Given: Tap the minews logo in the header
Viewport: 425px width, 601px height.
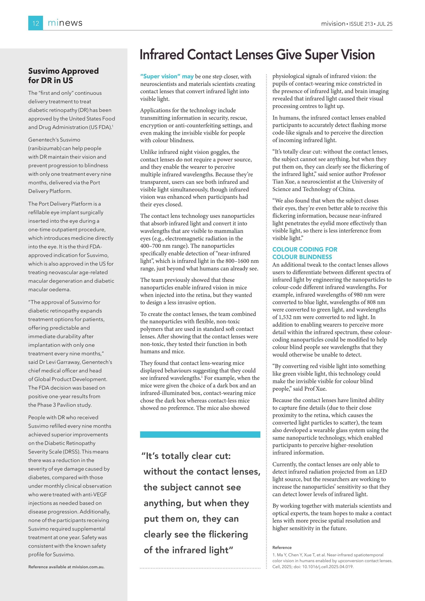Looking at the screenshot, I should point(65,23).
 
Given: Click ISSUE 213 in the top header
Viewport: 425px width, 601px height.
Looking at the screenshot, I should point(361,24).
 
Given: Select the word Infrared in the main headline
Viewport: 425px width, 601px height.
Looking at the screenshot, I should point(162,55).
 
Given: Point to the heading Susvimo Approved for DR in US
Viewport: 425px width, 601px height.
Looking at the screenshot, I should point(63,76).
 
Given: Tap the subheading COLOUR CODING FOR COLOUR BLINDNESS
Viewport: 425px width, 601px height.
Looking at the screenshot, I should point(305,253).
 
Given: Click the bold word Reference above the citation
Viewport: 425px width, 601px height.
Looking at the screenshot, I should point(282,547).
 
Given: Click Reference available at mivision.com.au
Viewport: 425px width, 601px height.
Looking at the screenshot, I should point(66,567).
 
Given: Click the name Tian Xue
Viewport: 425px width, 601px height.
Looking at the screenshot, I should point(284,182).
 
